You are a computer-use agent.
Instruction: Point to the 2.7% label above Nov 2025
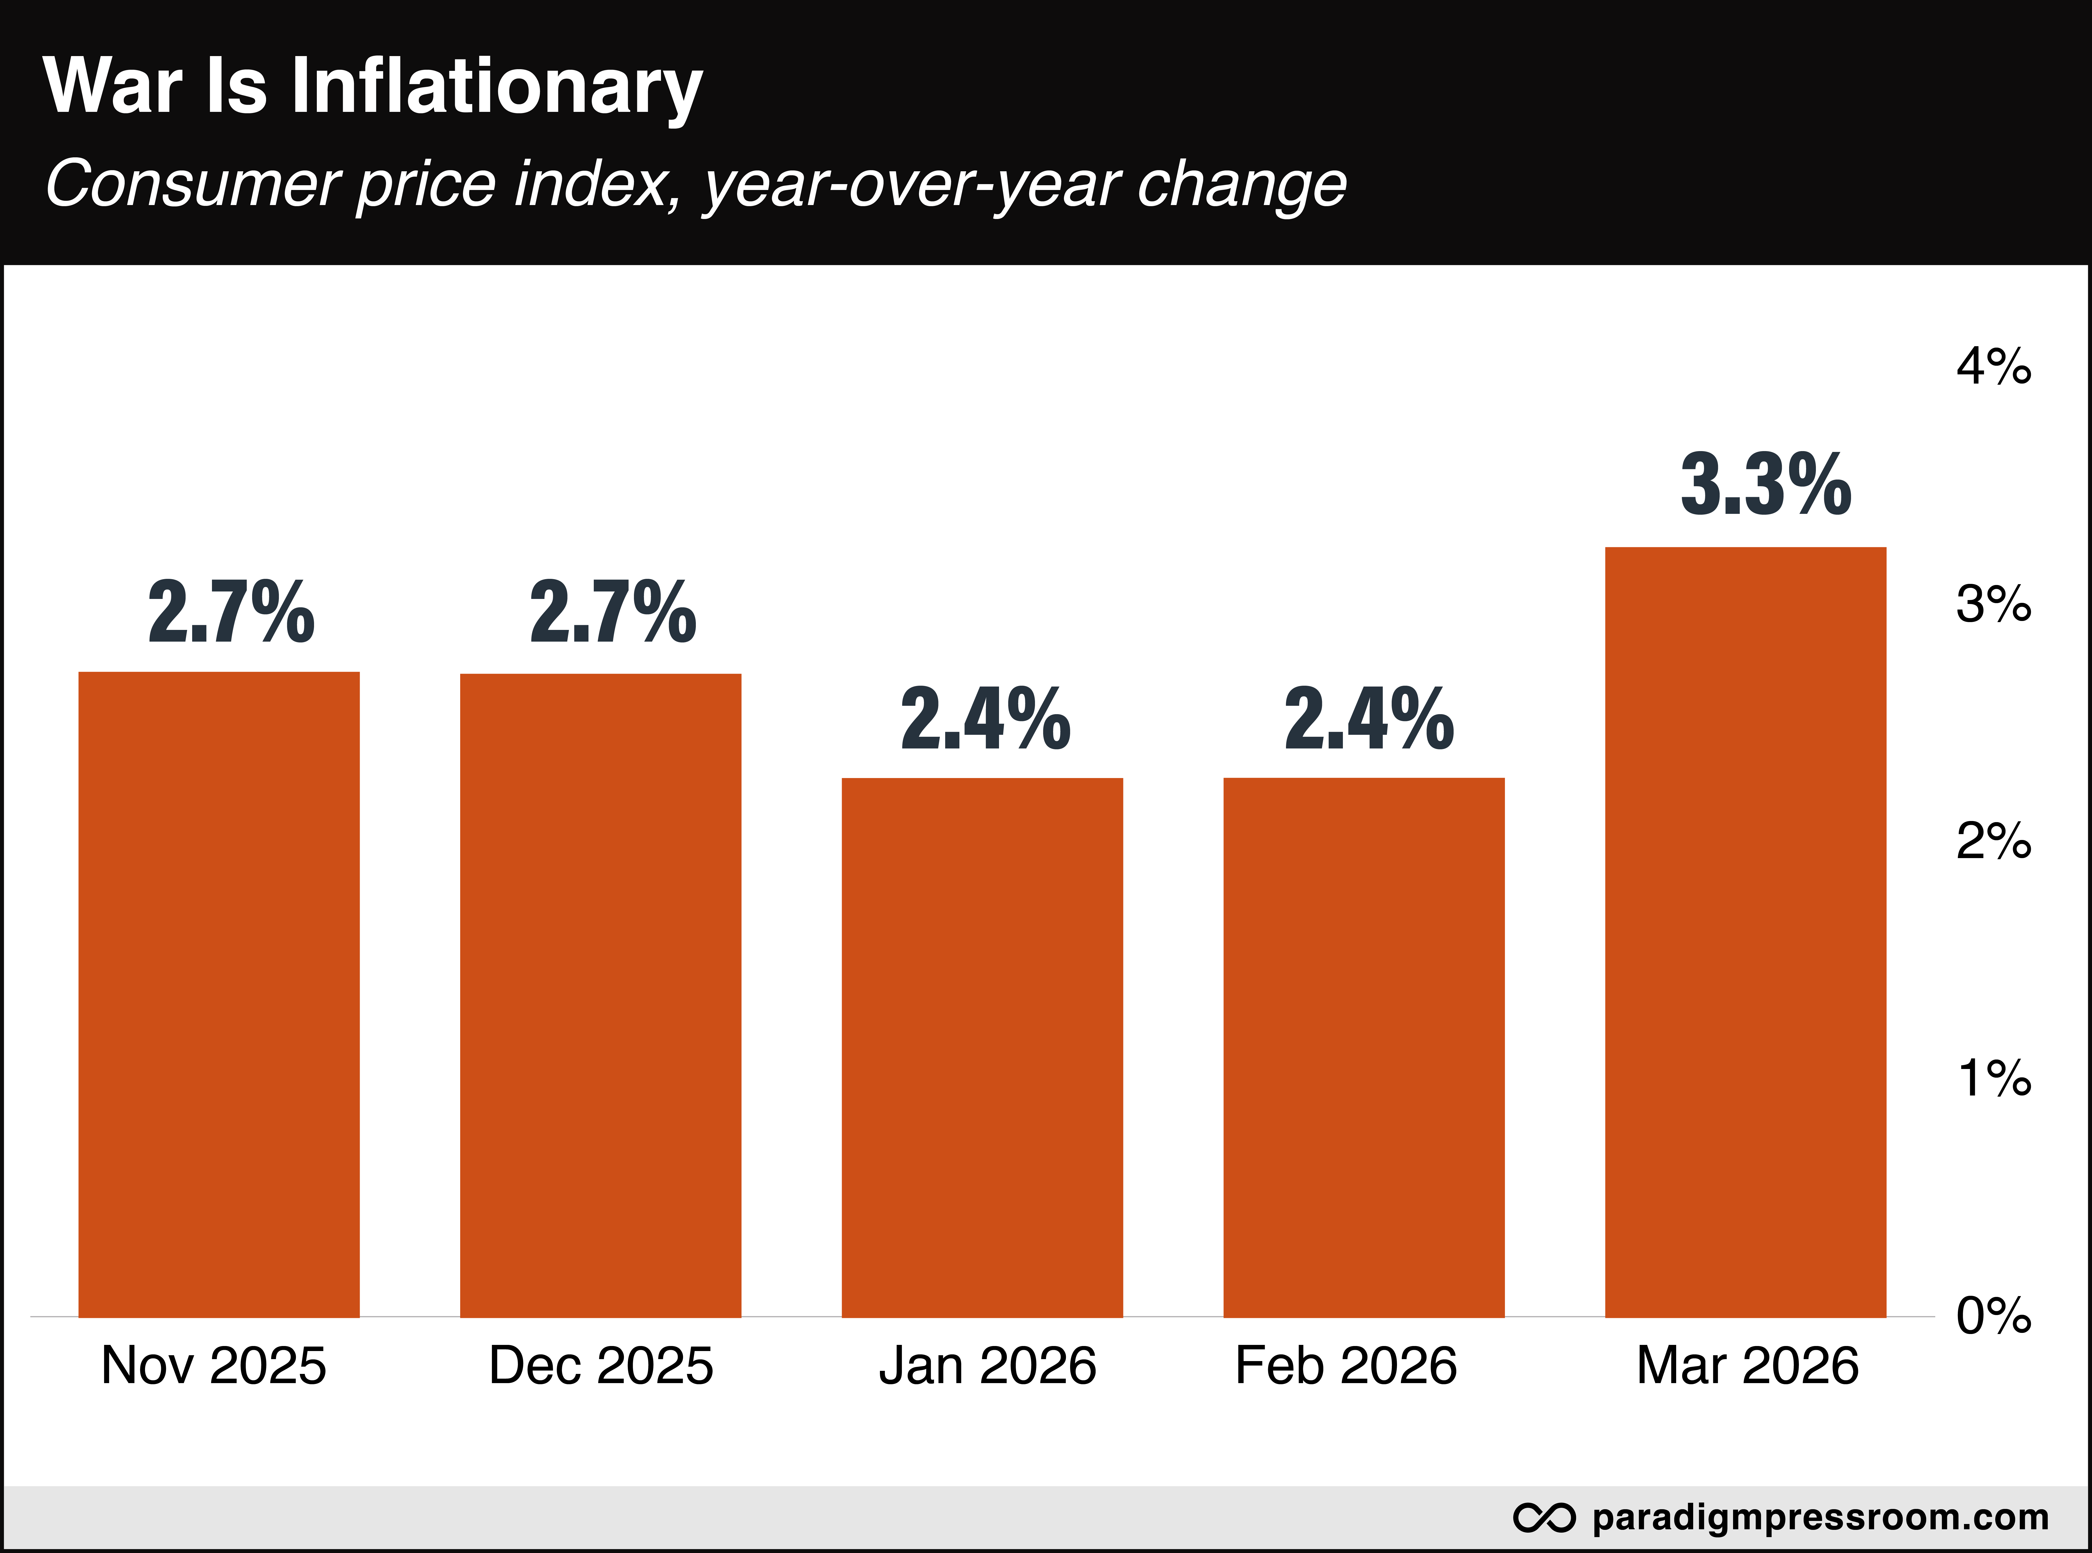(231, 613)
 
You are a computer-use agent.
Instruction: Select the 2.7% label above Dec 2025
(613, 613)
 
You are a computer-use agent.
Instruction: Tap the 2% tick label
(1993, 841)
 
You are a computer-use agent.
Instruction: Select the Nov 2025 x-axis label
(213, 1366)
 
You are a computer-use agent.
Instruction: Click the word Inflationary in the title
(496, 87)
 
